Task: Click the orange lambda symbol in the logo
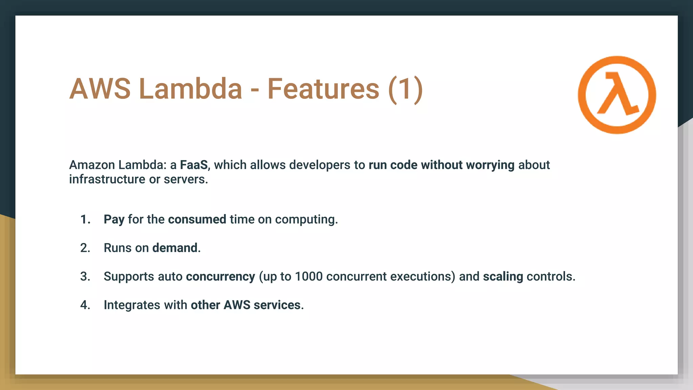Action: pos(618,94)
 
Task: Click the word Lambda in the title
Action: pos(191,89)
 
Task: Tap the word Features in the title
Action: pos(323,89)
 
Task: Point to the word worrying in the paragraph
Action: pos(490,165)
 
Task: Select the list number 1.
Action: pos(85,219)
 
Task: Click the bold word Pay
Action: pos(114,220)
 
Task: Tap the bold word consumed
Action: pos(197,219)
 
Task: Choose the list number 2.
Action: pos(85,248)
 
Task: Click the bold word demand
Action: pos(175,248)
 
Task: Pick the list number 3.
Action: pos(85,276)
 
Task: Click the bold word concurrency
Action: pos(220,277)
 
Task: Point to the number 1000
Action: pos(309,276)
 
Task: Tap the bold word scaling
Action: pos(503,277)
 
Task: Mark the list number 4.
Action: pos(85,305)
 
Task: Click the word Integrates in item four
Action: pos(132,305)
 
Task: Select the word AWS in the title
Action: pos(100,89)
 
